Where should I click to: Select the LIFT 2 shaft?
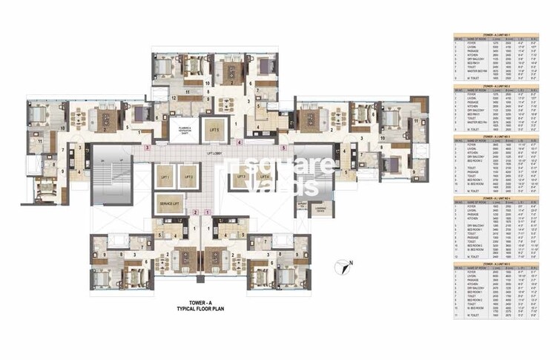pyautogui.click(x=188, y=178)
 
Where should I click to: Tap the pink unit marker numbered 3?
pyautogui.click(x=148, y=148)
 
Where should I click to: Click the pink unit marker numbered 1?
pyautogui.click(x=208, y=212)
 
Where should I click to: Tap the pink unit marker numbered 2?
pyautogui.click(x=194, y=212)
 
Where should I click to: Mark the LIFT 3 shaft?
pyautogui.click(x=240, y=178)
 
